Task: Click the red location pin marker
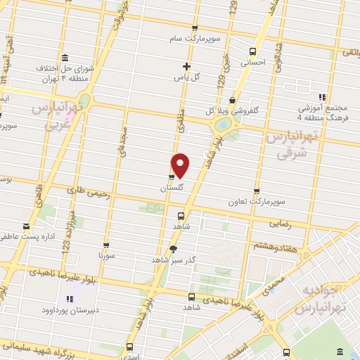pos(181,165)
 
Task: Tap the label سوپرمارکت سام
pos(199,37)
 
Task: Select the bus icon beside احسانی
pos(253,51)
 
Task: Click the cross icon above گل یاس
pos(186,66)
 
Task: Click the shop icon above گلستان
pos(171,177)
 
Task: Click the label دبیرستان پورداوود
pos(74,309)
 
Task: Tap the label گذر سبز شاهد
pos(173,259)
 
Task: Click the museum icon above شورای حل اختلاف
pos(65,58)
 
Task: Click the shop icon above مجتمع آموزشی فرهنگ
pos(322,97)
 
